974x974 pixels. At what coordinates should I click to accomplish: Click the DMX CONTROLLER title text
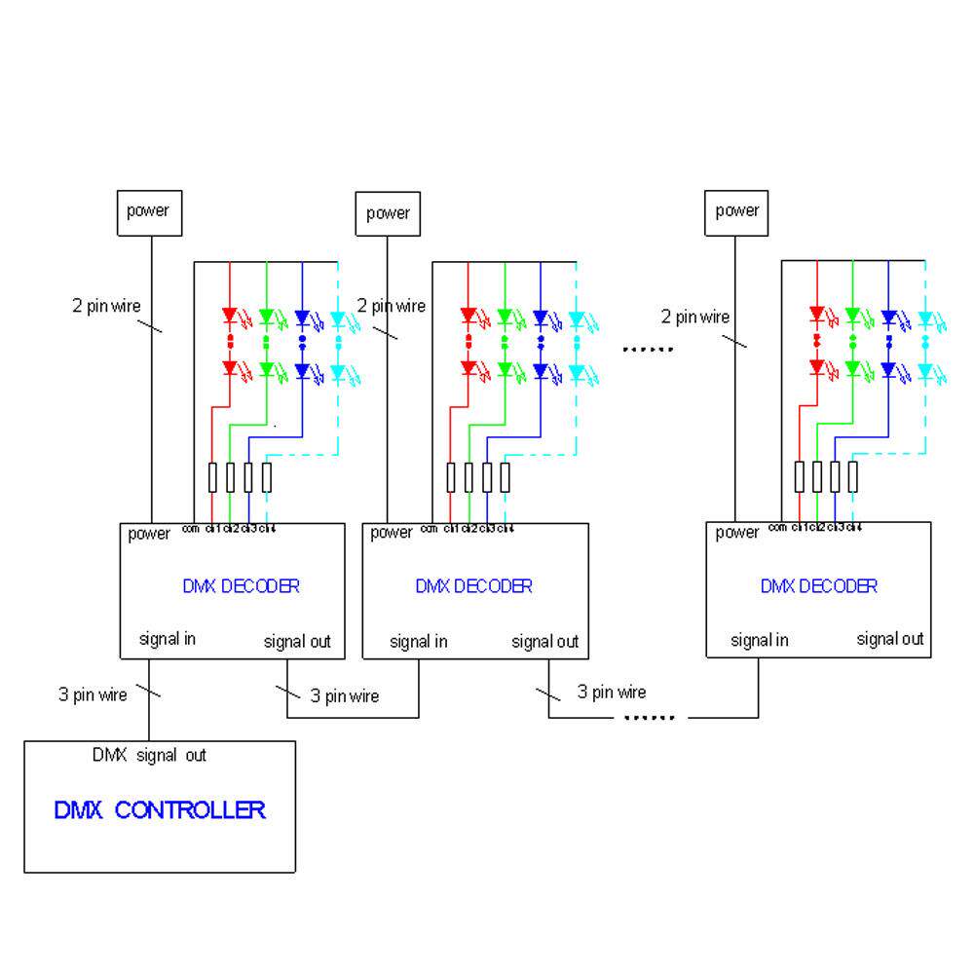click(x=159, y=809)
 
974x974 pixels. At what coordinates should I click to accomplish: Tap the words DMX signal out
click(x=149, y=755)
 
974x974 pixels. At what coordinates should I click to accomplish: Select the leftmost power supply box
click(x=150, y=211)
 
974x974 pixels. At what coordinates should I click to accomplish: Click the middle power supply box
click(x=388, y=213)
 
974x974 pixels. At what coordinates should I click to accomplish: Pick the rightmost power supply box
click(x=737, y=211)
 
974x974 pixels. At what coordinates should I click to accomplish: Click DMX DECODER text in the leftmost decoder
click(x=241, y=586)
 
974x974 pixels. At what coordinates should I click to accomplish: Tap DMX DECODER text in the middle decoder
click(x=474, y=586)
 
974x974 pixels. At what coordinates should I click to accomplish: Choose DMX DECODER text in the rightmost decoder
click(x=819, y=586)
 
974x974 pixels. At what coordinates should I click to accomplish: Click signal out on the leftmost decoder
click(x=297, y=641)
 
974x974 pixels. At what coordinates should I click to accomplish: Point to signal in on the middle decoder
click(x=419, y=641)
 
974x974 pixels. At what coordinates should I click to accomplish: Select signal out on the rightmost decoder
click(x=890, y=639)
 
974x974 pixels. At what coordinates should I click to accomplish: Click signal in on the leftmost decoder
click(x=167, y=639)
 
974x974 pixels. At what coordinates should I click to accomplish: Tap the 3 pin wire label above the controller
click(x=93, y=695)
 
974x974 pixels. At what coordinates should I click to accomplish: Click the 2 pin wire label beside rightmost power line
click(x=695, y=317)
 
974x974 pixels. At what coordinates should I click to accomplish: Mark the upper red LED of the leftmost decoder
click(x=230, y=317)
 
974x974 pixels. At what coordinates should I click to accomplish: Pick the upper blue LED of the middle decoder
click(x=541, y=317)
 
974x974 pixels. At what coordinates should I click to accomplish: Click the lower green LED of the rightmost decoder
click(x=852, y=369)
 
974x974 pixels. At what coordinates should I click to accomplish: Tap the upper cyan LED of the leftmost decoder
click(x=337, y=318)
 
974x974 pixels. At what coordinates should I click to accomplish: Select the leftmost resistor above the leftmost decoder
click(x=212, y=477)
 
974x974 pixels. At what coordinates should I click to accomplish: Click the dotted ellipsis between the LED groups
click(x=648, y=349)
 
